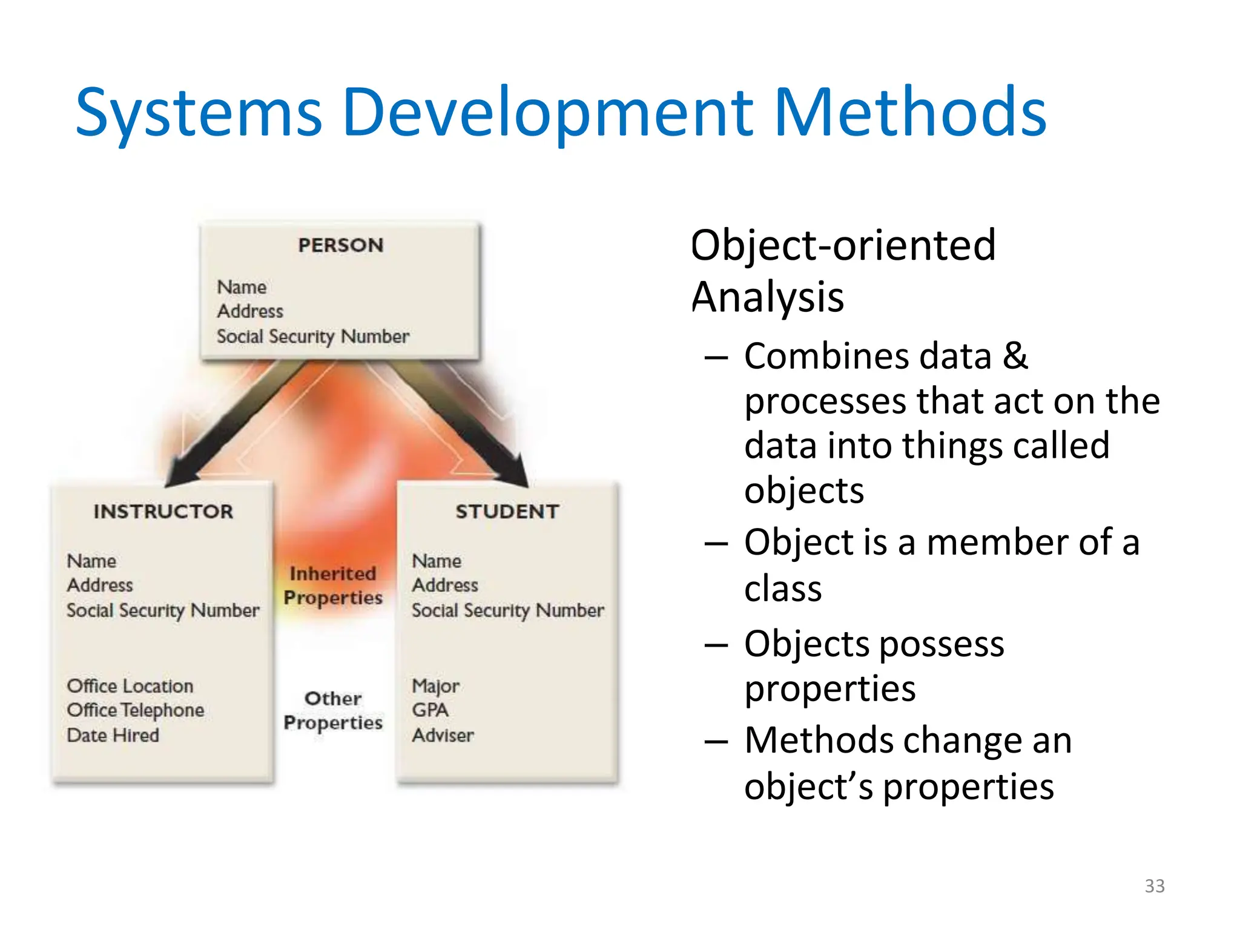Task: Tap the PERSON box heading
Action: pos(341,245)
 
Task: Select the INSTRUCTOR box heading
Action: pos(163,512)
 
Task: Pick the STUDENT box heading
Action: pos(507,512)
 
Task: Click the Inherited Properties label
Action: pos(333,585)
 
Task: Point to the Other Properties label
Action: pos(333,710)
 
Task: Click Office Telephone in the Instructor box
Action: pos(136,710)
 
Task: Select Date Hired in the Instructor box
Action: pos(113,735)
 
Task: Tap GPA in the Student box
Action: pos(430,710)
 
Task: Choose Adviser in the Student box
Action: pos(443,735)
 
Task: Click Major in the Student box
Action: pos(435,686)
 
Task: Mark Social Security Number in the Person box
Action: pos(313,336)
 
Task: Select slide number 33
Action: pos(1154,886)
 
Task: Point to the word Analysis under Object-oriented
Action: pos(767,297)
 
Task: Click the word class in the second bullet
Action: pos(783,589)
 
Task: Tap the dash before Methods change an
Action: pos(716,741)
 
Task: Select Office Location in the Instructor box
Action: pos(130,686)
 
